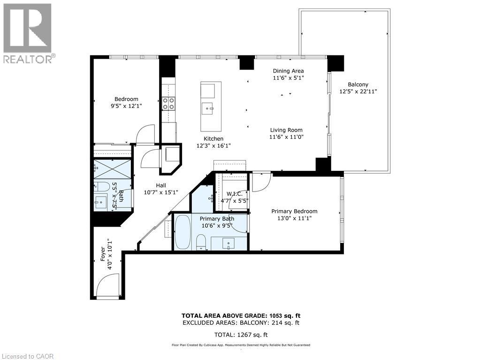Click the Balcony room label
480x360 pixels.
358,84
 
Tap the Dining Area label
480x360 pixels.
289,71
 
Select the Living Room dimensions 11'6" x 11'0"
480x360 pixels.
286,138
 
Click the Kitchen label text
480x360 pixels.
213,138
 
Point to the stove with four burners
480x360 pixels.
169,103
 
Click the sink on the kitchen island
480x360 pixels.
208,109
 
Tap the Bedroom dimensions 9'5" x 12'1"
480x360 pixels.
126,106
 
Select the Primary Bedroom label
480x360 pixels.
294,211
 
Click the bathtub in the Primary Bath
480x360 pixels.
183,232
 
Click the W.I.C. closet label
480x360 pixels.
234,194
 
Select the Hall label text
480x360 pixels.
161,185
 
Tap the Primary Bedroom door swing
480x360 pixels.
261,182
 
